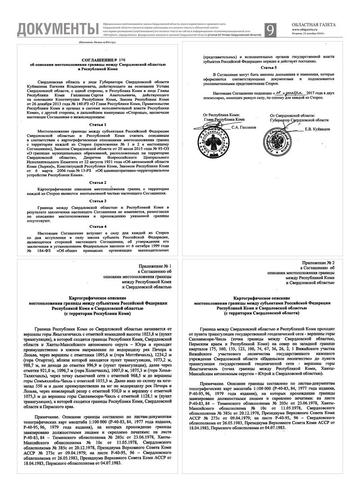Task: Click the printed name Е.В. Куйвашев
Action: coord(319,130)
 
